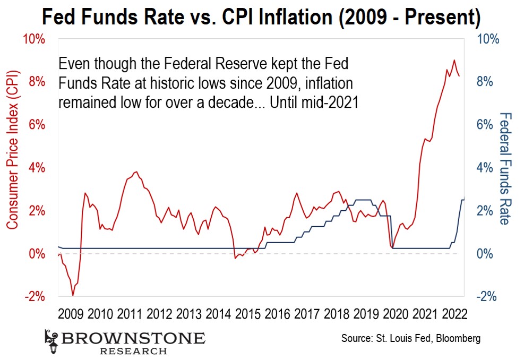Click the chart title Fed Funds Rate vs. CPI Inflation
click(x=261, y=18)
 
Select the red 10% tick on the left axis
click(x=34, y=39)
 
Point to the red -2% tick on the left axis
click(x=34, y=296)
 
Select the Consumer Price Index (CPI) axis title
click(x=13, y=167)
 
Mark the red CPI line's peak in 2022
click(x=454, y=60)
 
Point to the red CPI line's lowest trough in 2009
click(x=73, y=295)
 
